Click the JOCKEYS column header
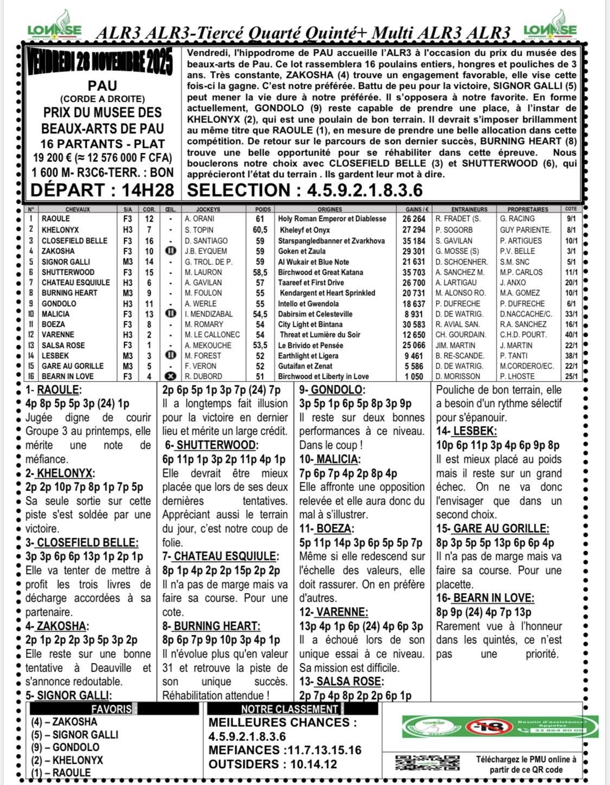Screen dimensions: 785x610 (208, 209)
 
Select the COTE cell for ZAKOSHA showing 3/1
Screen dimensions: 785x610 (571, 251)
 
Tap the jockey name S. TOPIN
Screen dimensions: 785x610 (199, 230)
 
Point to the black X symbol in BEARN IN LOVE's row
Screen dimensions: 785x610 (170, 376)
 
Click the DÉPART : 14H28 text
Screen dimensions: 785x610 (102, 190)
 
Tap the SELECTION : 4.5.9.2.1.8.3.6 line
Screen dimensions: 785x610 (305, 190)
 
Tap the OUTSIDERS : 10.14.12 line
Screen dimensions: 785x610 (273, 764)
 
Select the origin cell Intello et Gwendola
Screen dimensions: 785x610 (309, 304)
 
